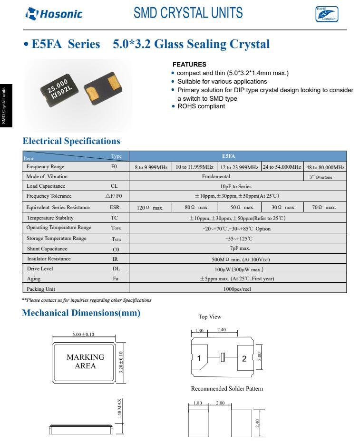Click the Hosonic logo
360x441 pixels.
[x=54, y=14]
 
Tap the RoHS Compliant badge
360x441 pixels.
[x=327, y=14]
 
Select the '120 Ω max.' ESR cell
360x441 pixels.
[x=150, y=208]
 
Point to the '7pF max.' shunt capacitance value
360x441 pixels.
[x=237, y=248]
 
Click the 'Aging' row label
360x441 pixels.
[x=33, y=278]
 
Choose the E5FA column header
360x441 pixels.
[x=238, y=156]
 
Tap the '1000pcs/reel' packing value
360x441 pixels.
[x=237, y=288]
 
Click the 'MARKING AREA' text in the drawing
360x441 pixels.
[x=85, y=361]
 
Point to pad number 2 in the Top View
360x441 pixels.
[x=244, y=358]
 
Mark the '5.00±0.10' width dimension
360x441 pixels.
[x=83, y=335]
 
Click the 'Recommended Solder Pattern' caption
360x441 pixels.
[x=227, y=389]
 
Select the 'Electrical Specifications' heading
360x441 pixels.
[x=71, y=141]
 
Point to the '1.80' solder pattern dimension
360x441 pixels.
[x=198, y=403]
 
